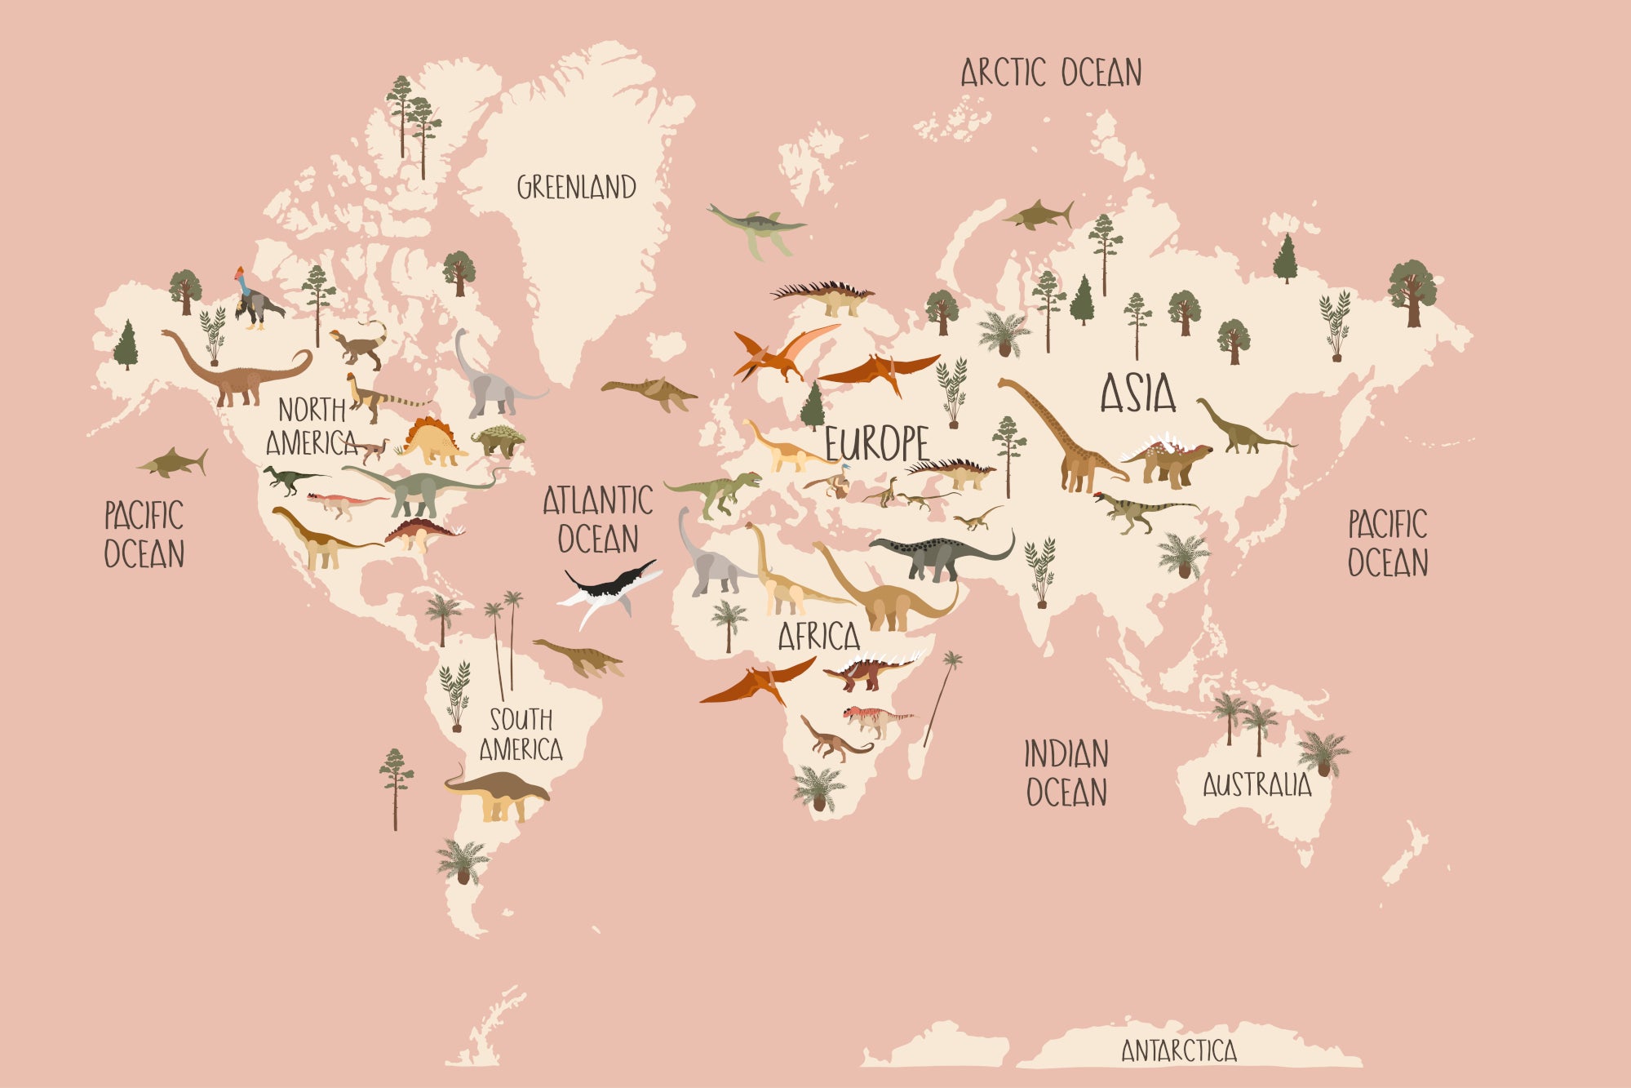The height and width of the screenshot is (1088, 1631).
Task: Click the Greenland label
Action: coord(576,187)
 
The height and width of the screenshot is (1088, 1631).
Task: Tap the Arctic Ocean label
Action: coord(1051,73)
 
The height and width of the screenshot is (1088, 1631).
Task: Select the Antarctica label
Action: coord(1178,1050)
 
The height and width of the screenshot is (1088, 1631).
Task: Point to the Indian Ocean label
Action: coord(1066,773)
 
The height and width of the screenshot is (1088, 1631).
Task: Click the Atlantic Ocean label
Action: coord(598,519)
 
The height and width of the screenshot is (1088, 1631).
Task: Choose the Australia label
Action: coord(1256,785)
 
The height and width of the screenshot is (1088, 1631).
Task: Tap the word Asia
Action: coord(1138,393)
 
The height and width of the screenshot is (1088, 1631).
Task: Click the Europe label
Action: coord(876,444)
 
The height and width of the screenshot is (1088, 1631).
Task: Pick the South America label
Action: coord(521,735)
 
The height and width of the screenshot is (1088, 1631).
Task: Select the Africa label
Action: coord(818,637)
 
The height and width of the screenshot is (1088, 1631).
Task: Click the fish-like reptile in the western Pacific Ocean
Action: coord(174,463)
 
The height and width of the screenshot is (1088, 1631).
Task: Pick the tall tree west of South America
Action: coord(396,788)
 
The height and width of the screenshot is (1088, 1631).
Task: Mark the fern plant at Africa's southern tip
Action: coord(818,788)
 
